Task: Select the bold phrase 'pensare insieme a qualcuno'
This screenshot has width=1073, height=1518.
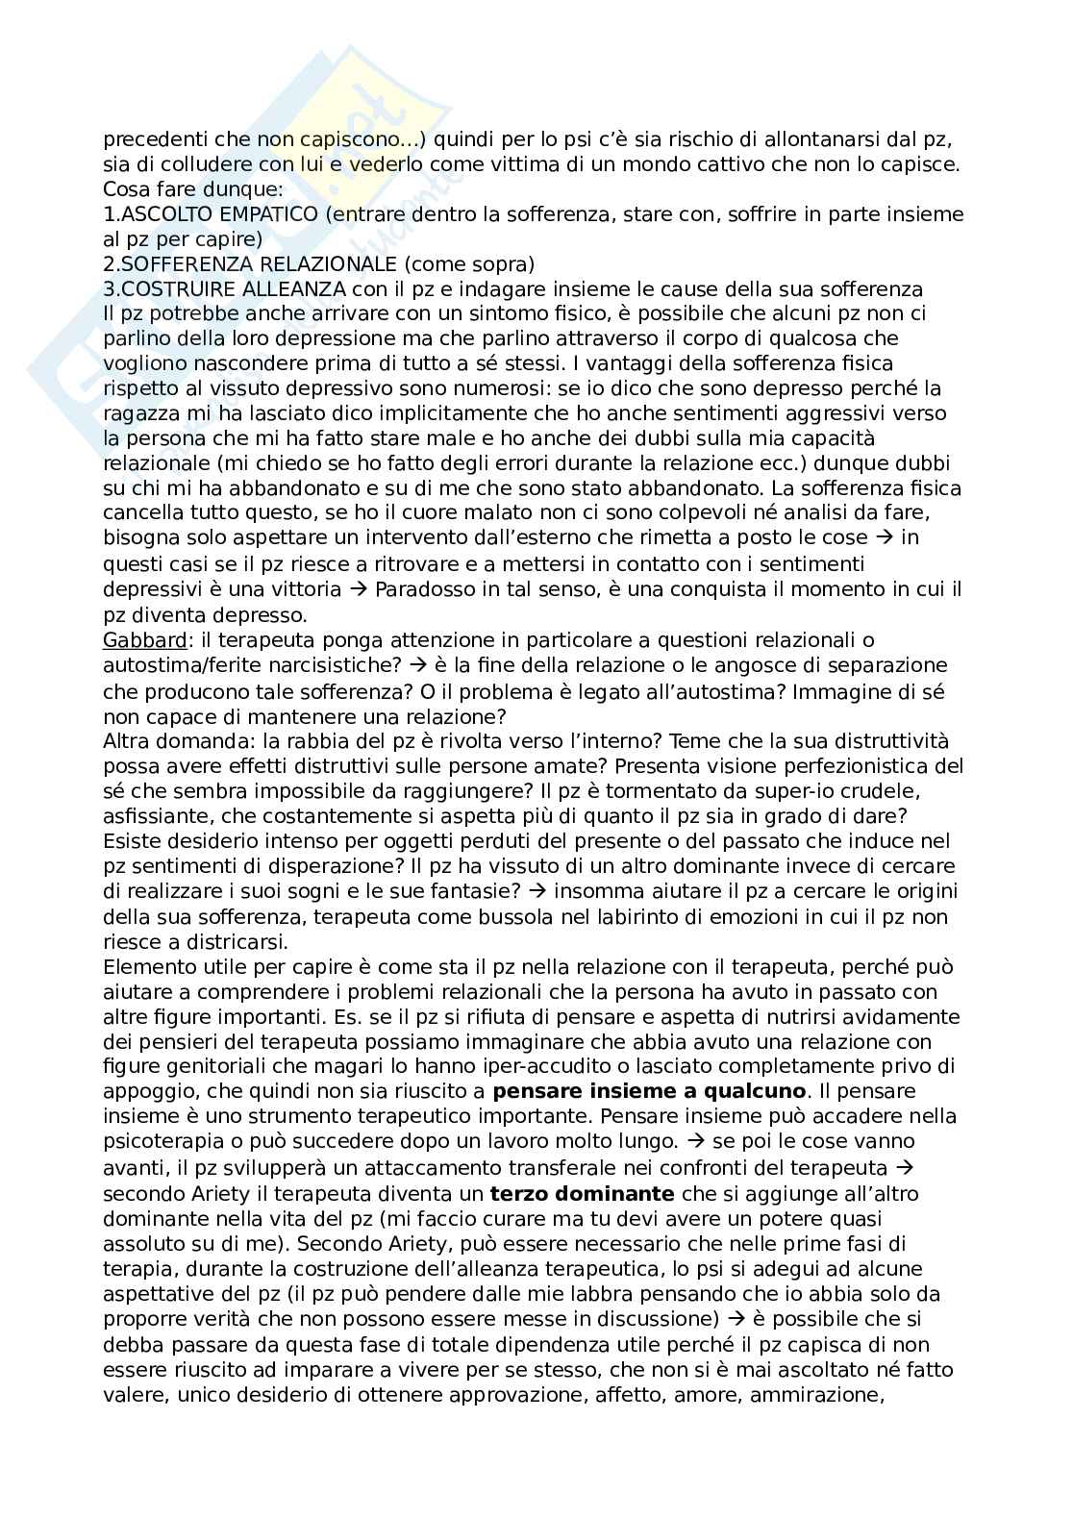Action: (649, 1091)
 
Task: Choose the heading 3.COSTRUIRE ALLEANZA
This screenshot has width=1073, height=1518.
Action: (230, 288)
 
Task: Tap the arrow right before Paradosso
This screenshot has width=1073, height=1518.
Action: (358, 588)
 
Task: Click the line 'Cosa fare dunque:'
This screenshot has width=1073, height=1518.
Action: (174, 188)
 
